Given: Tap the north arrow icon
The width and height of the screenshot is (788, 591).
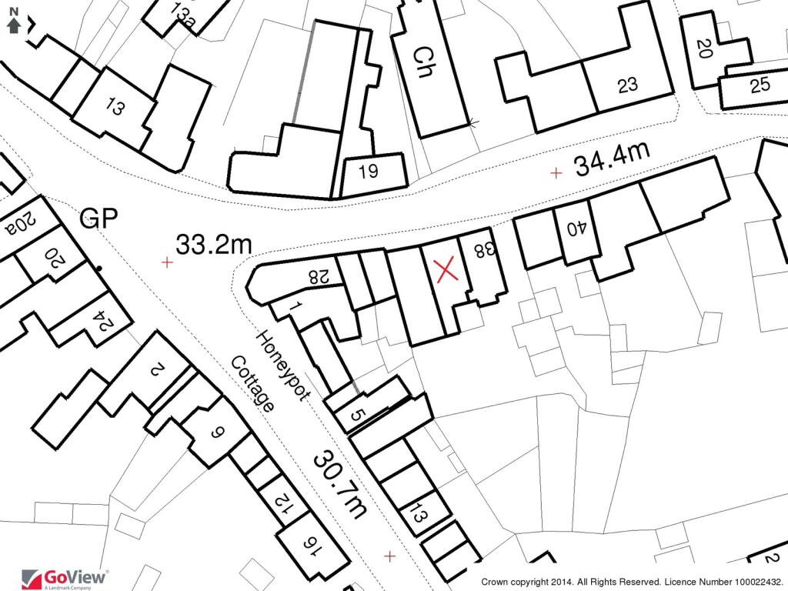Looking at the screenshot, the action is tap(13, 23).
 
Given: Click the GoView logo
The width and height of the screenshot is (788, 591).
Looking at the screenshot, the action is tap(65, 578).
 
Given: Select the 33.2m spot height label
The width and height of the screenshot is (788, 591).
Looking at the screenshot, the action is tap(214, 245).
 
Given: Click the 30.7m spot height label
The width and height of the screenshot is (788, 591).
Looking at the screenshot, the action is tap(339, 484).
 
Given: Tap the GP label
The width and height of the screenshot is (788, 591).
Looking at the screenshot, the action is tap(98, 219).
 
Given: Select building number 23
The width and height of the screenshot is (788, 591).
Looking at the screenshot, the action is tap(628, 85).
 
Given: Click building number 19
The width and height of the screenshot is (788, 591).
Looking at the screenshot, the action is tap(369, 172).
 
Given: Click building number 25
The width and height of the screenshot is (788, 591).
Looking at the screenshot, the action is tap(760, 85).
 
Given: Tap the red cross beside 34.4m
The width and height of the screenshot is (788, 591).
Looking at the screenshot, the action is tap(556, 172).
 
